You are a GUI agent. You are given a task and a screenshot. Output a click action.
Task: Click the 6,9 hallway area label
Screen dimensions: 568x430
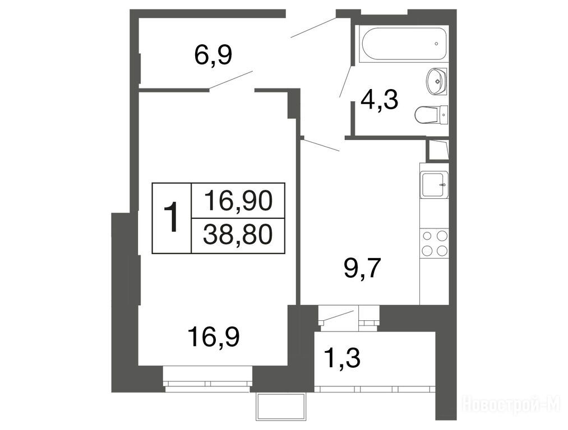click(x=213, y=55)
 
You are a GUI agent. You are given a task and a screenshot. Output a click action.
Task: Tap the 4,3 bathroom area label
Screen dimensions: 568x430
click(x=379, y=100)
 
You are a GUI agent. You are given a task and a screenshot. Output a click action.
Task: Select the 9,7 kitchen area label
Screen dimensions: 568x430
click(x=362, y=268)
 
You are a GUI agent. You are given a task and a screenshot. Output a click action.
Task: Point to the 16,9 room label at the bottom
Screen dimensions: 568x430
click(x=214, y=337)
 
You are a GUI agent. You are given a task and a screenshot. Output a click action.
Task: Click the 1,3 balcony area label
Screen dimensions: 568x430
click(x=342, y=358)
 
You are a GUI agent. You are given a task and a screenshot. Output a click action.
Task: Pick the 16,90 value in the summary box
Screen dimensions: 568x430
click(x=238, y=200)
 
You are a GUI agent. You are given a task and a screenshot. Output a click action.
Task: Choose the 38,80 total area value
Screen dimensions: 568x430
click(x=238, y=235)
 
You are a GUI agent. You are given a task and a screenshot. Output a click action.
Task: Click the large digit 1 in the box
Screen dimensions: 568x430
click(x=171, y=217)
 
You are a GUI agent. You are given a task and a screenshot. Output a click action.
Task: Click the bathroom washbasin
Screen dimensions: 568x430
click(x=436, y=81)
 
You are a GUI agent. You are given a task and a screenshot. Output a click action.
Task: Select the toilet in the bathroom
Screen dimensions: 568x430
click(x=431, y=115)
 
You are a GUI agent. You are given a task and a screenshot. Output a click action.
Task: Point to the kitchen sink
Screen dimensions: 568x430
click(x=434, y=185)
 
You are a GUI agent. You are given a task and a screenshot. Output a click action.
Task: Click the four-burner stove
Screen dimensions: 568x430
click(x=434, y=243)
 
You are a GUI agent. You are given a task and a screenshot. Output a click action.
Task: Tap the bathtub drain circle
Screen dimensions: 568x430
click(x=436, y=44)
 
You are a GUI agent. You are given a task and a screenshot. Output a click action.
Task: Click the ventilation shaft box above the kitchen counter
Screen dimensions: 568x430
click(x=438, y=149)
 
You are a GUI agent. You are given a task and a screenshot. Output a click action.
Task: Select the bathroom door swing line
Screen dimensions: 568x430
click(x=345, y=81)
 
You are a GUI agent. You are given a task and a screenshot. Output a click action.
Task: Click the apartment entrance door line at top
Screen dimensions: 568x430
click(x=313, y=27)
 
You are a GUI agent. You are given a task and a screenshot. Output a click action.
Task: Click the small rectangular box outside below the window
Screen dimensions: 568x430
click(x=280, y=407)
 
